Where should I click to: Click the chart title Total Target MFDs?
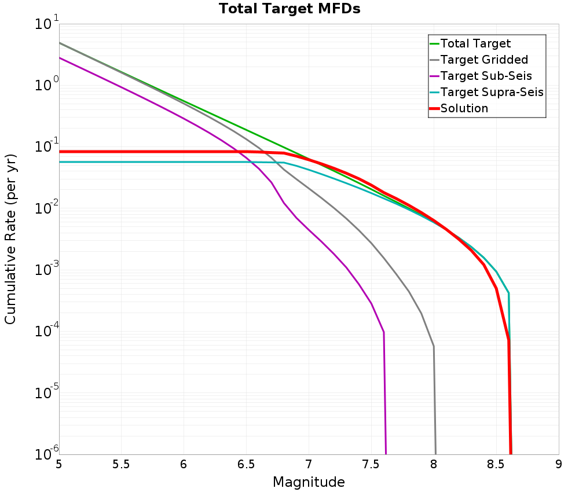point(289,9)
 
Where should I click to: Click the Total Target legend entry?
point(475,43)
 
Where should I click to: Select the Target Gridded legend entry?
point(484,60)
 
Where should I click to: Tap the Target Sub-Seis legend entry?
point(486,76)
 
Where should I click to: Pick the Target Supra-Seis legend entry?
point(492,92)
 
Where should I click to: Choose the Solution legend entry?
point(464,108)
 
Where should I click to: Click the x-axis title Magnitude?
point(309,482)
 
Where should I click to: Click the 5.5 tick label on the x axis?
point(121,464)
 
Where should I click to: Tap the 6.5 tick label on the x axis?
point(246,464)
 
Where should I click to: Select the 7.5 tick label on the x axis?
point(371,464)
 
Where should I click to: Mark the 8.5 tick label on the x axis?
point(496,464)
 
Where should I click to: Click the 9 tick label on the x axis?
point(559,464)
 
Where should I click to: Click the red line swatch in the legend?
point(434,108)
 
